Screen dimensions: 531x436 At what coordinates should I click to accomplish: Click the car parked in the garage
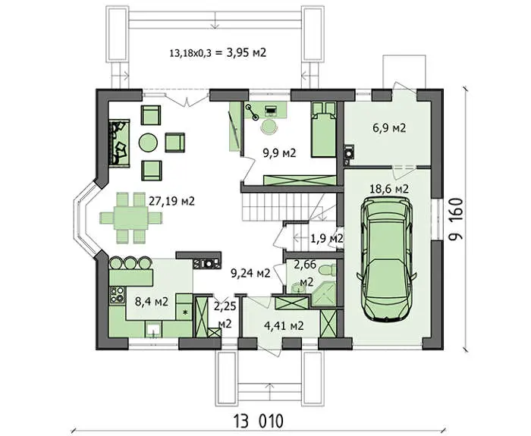387,259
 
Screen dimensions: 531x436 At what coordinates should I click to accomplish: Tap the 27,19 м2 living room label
171,202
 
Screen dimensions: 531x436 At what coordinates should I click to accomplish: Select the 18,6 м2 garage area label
388,189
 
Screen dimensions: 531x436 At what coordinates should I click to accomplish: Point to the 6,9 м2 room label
389,128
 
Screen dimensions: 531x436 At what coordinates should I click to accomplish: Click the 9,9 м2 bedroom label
279,153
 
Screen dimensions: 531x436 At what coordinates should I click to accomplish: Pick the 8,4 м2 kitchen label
152,302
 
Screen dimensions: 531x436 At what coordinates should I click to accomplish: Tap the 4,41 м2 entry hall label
284,325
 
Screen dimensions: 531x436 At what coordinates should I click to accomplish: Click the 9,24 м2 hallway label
250,273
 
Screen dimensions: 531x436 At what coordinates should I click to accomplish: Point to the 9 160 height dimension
456,219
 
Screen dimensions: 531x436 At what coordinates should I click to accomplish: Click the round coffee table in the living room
148,143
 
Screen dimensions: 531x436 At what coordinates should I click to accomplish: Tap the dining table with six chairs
131,218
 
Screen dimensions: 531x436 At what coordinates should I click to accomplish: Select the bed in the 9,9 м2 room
323,130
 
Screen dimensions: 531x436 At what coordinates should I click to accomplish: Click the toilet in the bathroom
328,270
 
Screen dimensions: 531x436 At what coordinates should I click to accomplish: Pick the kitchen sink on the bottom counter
153,329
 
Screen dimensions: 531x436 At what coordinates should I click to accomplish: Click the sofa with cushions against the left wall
119,143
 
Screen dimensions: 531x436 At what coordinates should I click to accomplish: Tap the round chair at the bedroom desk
269,127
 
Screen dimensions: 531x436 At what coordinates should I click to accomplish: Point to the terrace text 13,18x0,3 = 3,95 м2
218,53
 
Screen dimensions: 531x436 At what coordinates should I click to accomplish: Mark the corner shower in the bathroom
324,295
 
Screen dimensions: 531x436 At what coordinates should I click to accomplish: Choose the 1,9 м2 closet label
326,239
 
